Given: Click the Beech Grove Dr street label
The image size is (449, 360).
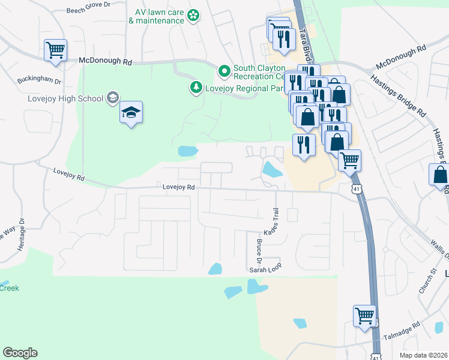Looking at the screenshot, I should (89, 10).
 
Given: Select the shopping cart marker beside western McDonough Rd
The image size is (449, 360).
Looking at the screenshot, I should (55, 50).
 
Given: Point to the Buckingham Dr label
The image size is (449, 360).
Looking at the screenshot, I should (40, 80).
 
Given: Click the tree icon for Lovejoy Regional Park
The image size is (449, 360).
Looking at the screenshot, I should (196, 88).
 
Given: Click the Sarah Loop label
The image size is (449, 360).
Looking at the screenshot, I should (265, 271).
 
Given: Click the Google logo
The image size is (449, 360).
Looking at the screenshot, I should (20, 353).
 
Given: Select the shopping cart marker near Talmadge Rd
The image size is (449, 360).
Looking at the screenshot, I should (364, 315).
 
